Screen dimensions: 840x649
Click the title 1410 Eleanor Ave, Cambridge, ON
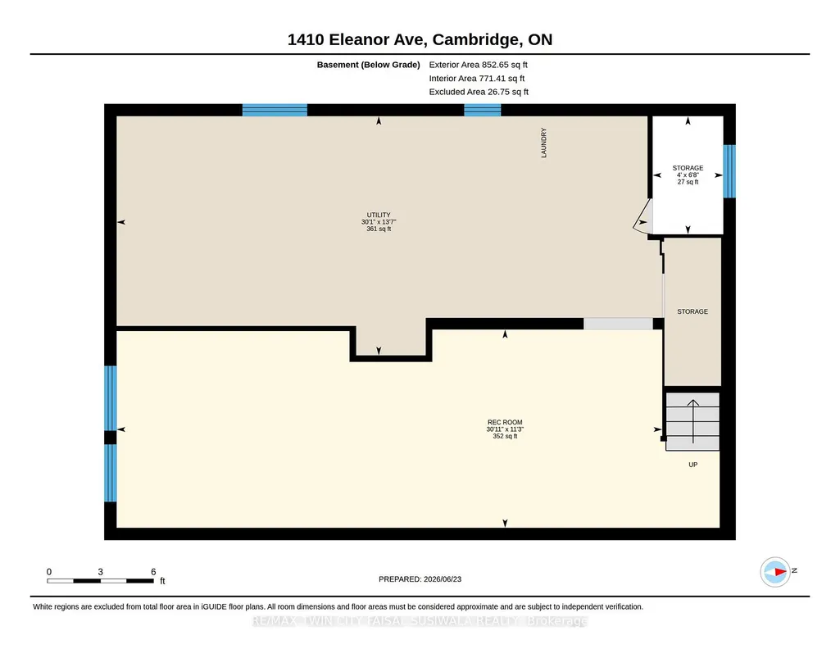pyautogui.click(x=420, y=39)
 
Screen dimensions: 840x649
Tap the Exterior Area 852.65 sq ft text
pyautogui.click(x=478, y=65)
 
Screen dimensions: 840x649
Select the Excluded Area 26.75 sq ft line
pyautogui.click(x=479, y=92)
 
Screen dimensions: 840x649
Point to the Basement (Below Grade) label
pyautogui.click(x=368, y=65)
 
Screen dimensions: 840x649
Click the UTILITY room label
pyautogui.click(x=379, y=215)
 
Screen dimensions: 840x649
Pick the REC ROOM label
pyautogui.click(x=505, y=422)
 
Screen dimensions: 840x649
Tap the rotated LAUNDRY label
pyautogui.click(x=544, y=143)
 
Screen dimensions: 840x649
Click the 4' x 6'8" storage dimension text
pyautogui.click(x=688, y=175)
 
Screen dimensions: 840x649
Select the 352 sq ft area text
pyautogui.click(x=505, y=436)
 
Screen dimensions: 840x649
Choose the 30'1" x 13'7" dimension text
pyautogui.click(x=379, y=222)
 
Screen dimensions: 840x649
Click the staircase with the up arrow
pyautogui.click(x=692, y=421)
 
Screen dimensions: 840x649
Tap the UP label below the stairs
pyautogui.click(x=692, y=465)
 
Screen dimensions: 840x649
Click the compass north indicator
pyautogui.click(x=775, y=572)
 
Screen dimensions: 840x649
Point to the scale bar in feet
pyautogui.click(x=100, y=580)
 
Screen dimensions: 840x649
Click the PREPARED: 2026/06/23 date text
pyautogui.click(x=420, y=579)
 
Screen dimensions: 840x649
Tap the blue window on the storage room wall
pyautogui.click(x=729, y=171)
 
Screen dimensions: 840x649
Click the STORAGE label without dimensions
pyautogui.click(x=692, y=311)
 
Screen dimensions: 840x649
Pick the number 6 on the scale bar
pyautogui.click(x=153, y=572)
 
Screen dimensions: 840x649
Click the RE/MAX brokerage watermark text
pyautogui.click(x=420, y=620)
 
